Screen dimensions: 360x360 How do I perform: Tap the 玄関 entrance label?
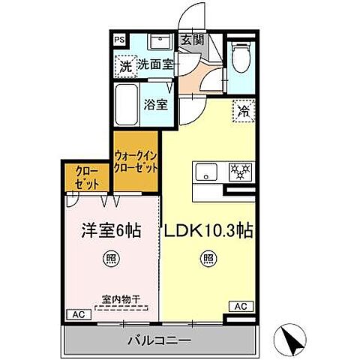(x=189, y=40)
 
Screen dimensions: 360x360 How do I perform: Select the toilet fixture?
(x=241, y=55)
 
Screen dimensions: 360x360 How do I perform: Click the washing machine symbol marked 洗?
(x=126, y=66)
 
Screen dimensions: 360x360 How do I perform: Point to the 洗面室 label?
(x=155, y=65)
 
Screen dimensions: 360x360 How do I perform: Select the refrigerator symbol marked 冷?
(x=241, y=110)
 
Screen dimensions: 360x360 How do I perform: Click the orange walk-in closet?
(x=136, y=162)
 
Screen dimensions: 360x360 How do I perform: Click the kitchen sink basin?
(x=205, y=172)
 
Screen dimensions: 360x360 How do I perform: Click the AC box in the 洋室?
(x=76, y=315)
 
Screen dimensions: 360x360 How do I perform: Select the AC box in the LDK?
(x=241, y=307)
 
